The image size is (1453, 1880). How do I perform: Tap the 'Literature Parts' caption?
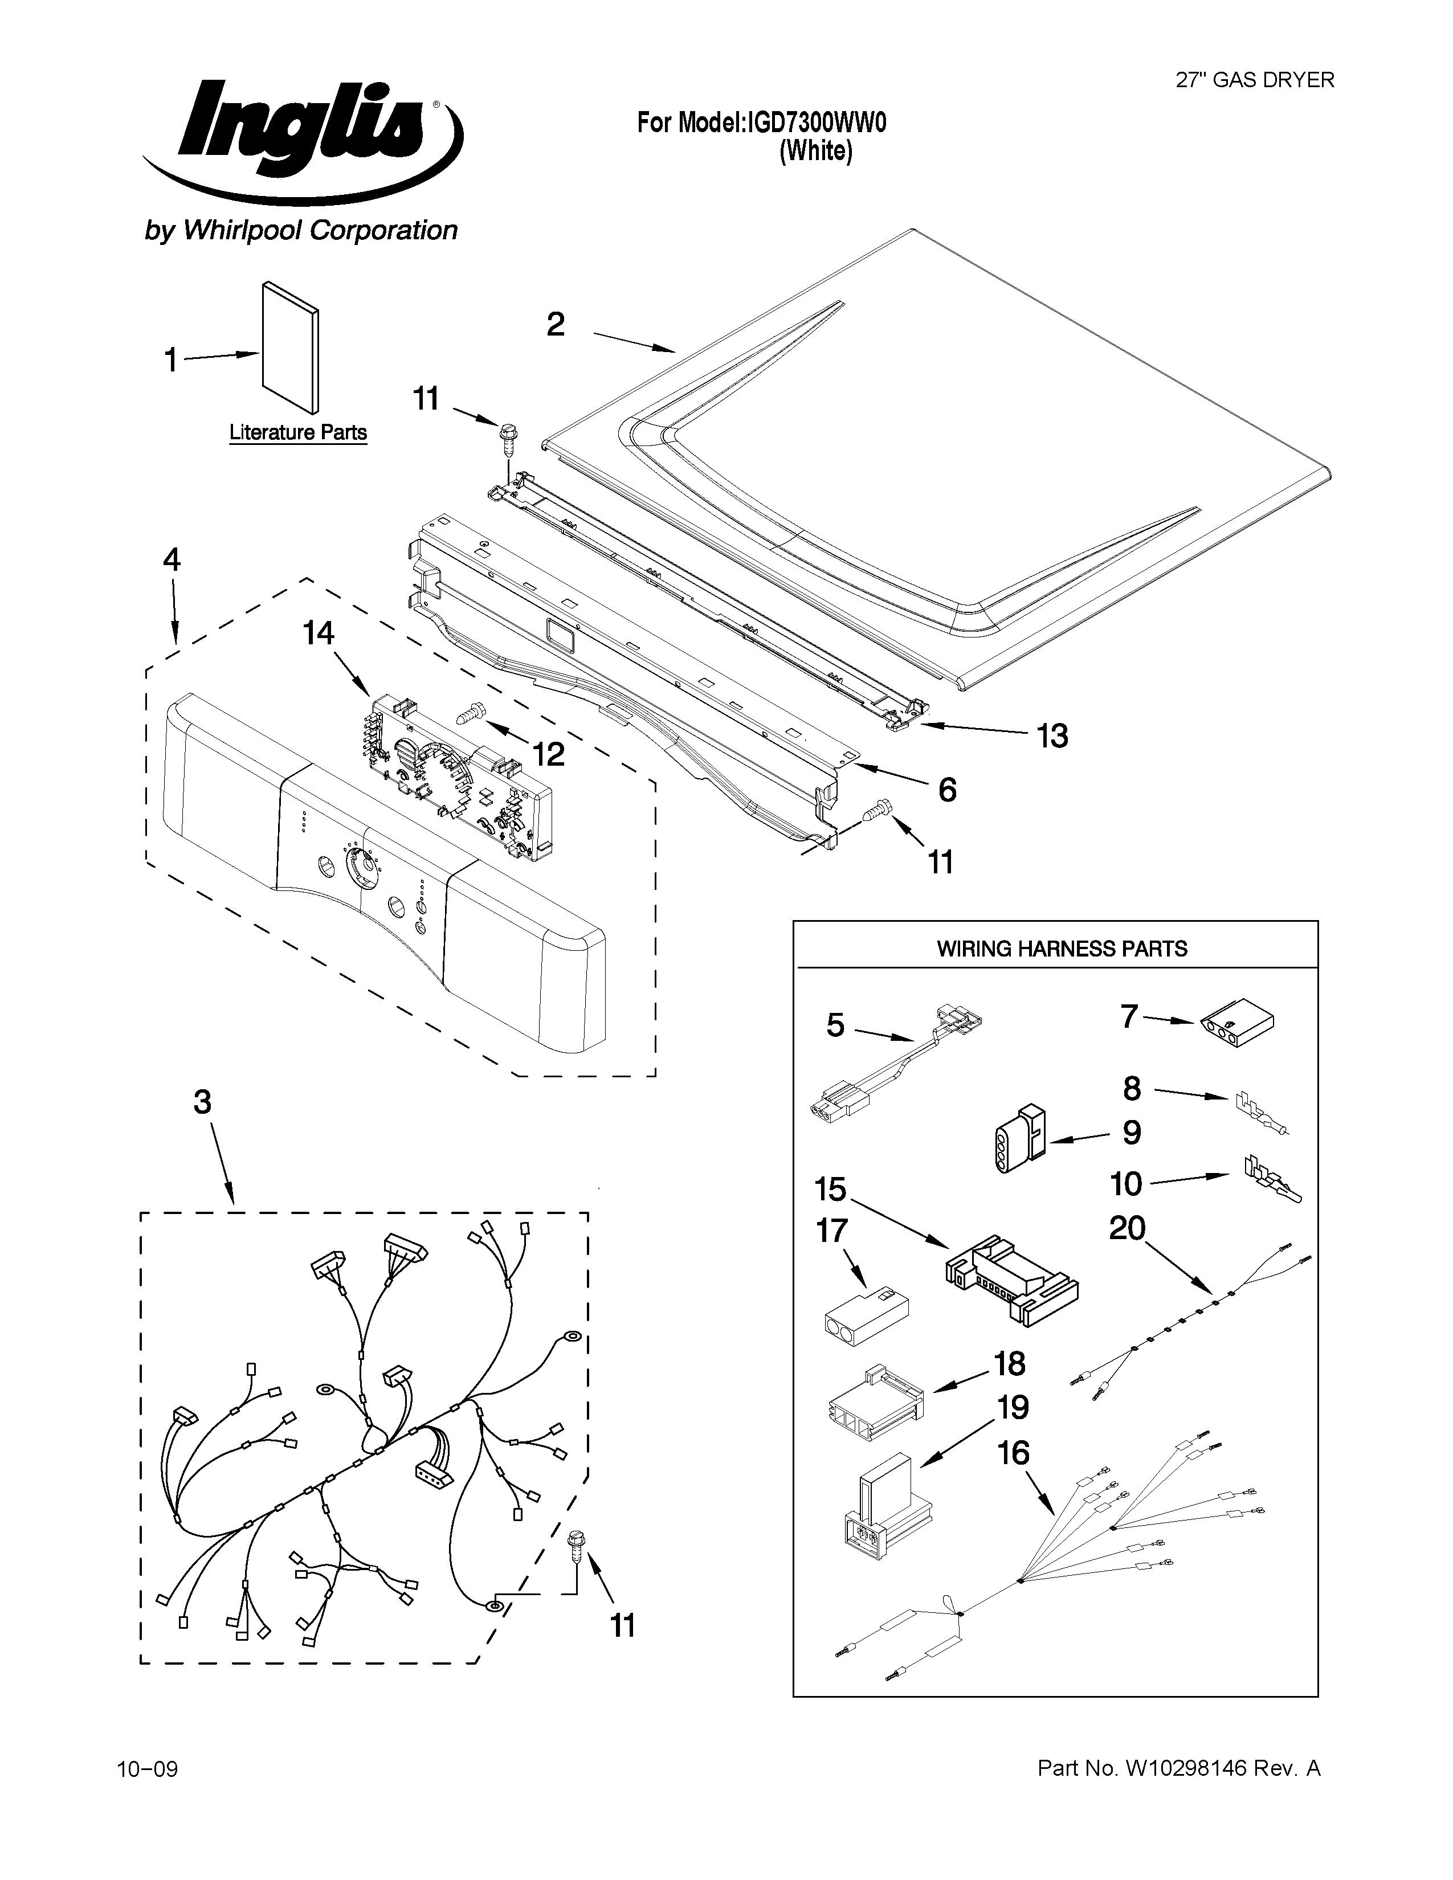click(x=298, y=432)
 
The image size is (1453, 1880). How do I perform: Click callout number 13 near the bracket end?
click(x=1052, y=736)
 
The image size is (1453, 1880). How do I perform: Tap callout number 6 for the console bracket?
click(x=947, y=790)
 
